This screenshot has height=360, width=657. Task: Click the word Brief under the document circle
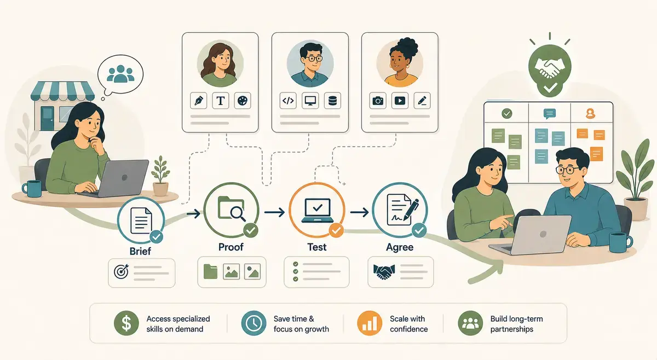(140, 251)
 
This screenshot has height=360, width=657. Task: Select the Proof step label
(231, 247)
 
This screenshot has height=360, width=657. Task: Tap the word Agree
(400, 247)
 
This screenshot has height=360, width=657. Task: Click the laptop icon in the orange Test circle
(318, 210)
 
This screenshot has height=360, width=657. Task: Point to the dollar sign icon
(126, 323)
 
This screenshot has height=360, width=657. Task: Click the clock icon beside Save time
(253, 323)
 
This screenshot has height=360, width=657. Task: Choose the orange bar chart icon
(370, 323)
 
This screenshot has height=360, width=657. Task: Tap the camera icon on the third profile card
(377, 101)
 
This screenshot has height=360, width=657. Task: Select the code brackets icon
(288, 101)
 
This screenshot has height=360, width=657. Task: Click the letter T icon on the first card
(220, 101)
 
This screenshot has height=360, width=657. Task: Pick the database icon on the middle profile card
(332, 101)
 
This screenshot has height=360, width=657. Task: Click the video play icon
(400, 101)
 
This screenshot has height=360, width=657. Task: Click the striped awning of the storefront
(62, 91)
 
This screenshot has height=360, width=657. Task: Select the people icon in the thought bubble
(120, 73)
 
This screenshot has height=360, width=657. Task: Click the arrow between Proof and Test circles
(274, 212)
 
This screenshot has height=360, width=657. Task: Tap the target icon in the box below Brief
(122, 271)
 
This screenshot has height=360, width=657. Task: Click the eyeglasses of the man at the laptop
(568, 170)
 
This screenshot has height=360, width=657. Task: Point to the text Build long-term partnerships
(516, 324)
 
